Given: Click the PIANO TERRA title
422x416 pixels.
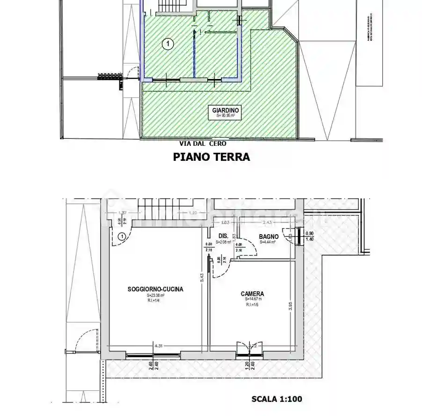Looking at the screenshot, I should (x=211, y=157).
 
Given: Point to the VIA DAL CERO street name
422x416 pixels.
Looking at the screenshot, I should (x=203, y=144).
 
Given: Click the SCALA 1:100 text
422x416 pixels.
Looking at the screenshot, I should (x=277, y=399).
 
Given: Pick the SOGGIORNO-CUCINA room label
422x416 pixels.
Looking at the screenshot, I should (x=155, y=289).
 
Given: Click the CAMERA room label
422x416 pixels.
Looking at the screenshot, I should (x=252, y=294).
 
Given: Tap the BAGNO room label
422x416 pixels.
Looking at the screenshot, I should (x=269, y=237).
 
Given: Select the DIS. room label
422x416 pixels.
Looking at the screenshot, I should (x=223, y=236).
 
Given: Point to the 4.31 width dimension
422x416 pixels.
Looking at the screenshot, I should (x=159, y=346).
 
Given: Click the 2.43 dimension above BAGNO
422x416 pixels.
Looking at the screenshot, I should (x=268, y=222).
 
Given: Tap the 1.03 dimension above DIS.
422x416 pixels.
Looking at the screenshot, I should (x=225, y=222).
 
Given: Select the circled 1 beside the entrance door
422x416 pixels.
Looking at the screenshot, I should (x=122, y=236).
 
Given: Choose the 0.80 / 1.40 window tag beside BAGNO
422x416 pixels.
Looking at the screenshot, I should (x=309, y=236).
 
